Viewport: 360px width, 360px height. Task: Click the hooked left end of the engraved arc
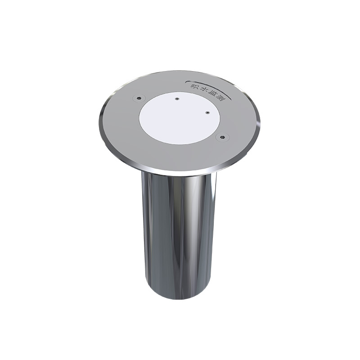186,82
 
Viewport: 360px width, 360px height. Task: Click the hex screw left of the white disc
139,98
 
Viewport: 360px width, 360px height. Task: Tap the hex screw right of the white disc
222,137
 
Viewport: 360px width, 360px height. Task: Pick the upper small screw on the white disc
176,99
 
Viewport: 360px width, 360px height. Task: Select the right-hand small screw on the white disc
207,112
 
